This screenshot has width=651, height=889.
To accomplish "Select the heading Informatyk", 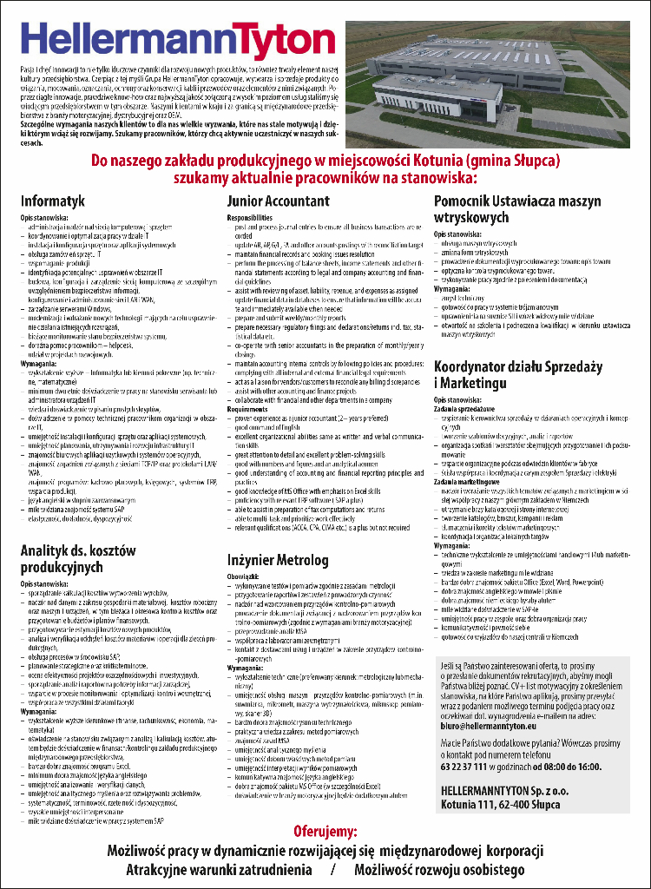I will pyautogui.click(x=53, y=201).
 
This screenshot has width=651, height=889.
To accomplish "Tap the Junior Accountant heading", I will pyautogui.click(x=278, y=201).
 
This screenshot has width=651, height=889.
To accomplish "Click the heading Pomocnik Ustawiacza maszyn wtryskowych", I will pyautogui.click(x=516, y=209).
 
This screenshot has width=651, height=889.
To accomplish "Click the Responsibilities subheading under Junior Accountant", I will pyautogui.click(x=250, y=217).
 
